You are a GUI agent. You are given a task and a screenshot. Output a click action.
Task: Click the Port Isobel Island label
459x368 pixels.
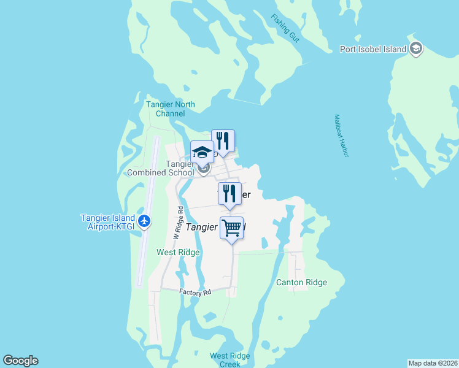click(x=373, y=49)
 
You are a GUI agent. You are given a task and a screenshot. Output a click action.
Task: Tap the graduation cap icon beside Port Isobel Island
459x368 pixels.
click(x=416, y=48)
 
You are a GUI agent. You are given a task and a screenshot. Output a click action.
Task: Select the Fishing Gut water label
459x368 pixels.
click(x=287, y=28)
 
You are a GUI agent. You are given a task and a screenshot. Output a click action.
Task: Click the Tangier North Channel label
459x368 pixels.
click(x=171, y=109)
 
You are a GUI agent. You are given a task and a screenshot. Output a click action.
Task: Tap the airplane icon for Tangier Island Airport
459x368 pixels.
click(x=145, y=220)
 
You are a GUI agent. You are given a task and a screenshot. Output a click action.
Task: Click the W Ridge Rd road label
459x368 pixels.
click(x=178, y=223)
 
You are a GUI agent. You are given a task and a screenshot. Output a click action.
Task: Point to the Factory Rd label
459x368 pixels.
click(x=195, y=293)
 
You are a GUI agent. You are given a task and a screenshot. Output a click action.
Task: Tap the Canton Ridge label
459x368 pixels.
click(x=301, y=283)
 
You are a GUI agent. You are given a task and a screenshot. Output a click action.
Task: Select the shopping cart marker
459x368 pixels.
click(x=232, y=229)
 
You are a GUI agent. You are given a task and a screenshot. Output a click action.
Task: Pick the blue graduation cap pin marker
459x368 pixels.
click(x=202, y=152)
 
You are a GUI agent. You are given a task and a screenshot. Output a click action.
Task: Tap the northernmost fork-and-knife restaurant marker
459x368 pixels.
click(x=223, y=141)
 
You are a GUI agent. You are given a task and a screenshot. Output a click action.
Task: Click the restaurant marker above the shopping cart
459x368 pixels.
click(x=229, y=194)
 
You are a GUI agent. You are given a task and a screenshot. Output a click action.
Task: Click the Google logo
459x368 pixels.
click(x=20, y=361)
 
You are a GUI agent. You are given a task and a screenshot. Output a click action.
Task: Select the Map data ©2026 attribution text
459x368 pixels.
click(x=433, y=363)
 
